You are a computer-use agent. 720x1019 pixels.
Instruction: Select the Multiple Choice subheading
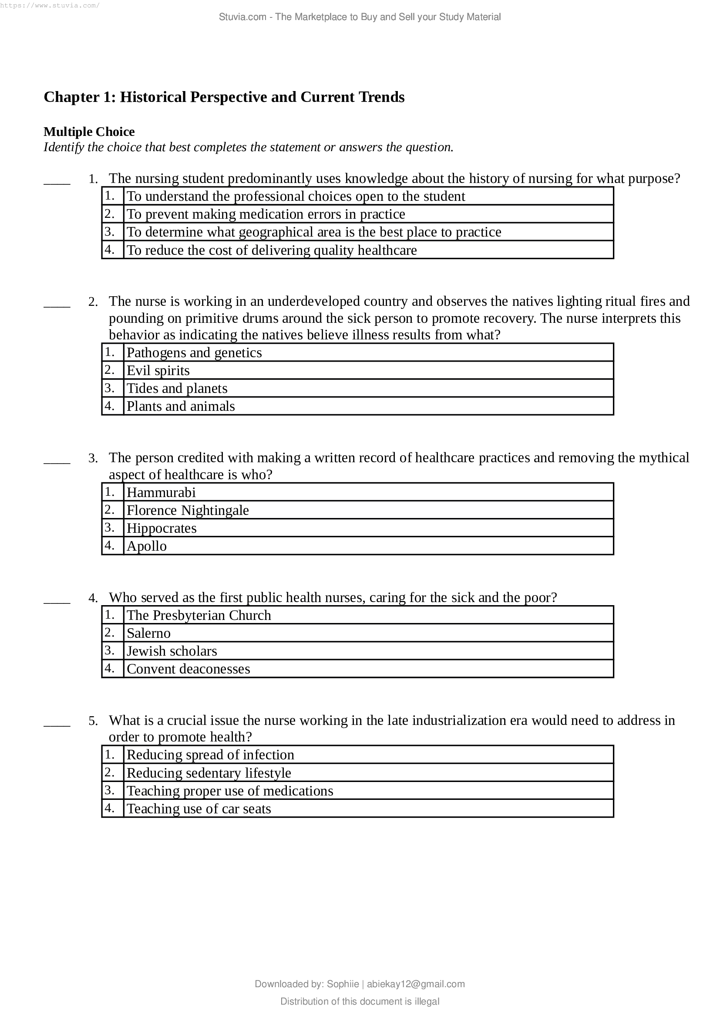[89, 132]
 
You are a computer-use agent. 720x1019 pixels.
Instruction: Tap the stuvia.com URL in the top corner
[50, 5]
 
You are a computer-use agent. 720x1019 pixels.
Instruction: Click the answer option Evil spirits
[158, 371]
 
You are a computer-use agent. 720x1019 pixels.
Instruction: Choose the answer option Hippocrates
[161, 528]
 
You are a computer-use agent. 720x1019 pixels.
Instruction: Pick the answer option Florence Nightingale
[188, 511]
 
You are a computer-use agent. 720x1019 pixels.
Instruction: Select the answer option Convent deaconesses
[188, 669]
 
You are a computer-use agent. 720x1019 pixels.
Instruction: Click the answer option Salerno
[148, 633]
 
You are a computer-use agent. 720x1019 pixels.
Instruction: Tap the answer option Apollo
[146, 546]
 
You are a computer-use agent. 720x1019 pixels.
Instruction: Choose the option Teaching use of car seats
[199, 809]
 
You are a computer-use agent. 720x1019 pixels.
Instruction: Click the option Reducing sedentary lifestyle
[209, 773]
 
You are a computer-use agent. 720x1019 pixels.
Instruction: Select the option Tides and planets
[177, 388]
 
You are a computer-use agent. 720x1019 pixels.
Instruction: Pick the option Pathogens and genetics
[194, 353]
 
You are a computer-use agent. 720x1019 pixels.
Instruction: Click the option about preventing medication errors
[266, 214]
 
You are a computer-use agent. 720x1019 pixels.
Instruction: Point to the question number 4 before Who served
[93, 598]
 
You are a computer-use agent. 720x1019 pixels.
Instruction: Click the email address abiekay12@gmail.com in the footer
[415, 984]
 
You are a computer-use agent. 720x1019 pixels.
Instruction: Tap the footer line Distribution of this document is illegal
[360, 1001]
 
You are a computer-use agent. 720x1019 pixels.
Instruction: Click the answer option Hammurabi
[161, 493]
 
